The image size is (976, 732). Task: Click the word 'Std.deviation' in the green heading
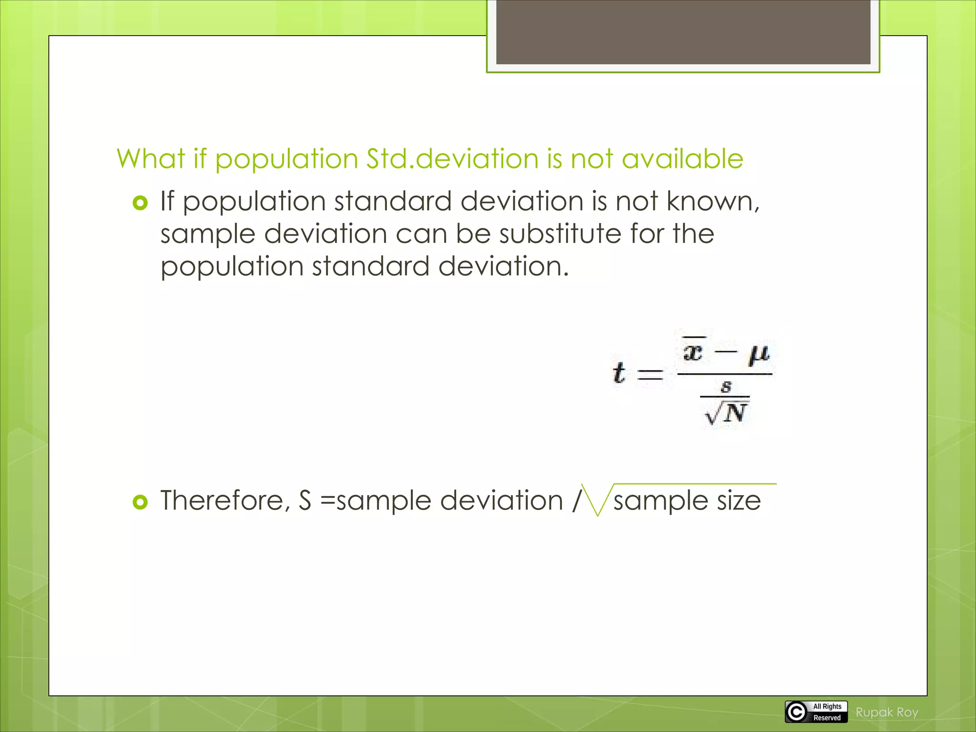click(452, 159)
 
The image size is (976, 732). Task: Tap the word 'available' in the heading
click(682, 159)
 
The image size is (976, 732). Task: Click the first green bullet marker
click(140, 204)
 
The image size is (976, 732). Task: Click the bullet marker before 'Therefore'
click(140, 502)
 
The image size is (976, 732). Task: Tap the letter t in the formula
click(619, 373)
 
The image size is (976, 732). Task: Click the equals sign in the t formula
click(650, 374)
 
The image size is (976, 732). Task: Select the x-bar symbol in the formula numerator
click(693, 351)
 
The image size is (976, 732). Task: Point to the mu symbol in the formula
click(759, 354)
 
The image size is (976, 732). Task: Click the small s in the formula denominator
click(726, 386)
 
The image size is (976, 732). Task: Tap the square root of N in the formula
click(726, 412)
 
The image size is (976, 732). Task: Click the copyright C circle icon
click(796, 712)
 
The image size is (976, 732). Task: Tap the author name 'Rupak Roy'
click(886, 712)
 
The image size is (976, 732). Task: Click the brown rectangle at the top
click(683, 32)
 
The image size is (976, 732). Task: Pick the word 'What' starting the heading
click(151, 159)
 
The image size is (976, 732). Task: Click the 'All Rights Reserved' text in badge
click(827, 712)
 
